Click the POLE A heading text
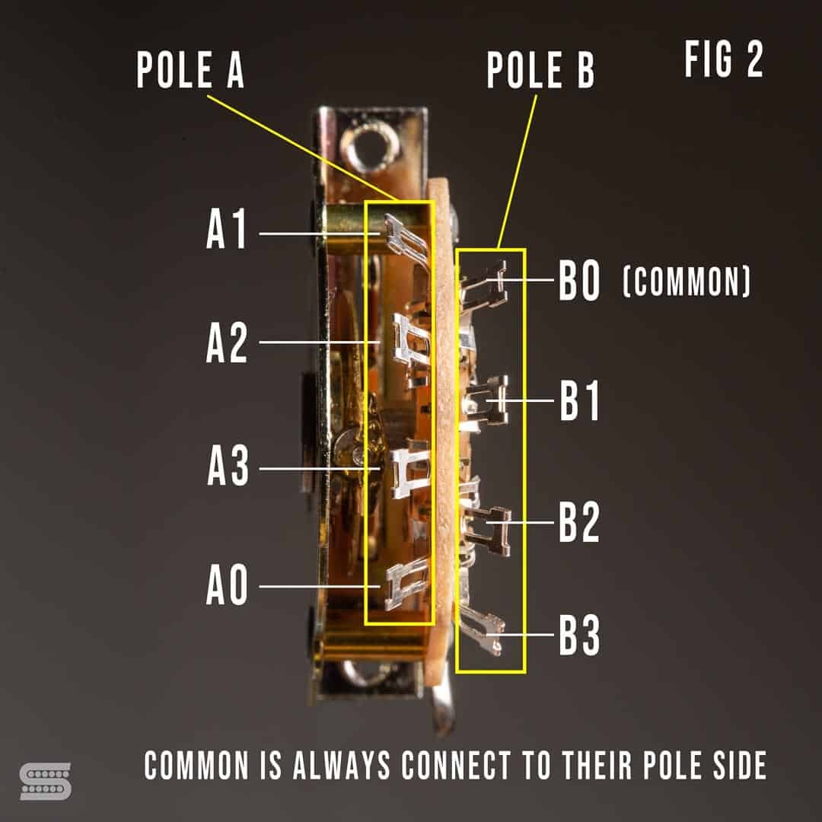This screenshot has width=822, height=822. (x=190, y=71)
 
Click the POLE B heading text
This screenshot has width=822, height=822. (x=540, y=71)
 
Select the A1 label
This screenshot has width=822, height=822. (x=227, y=231)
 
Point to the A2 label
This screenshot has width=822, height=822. (x=227, y=344)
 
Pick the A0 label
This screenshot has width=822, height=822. (x=227, y=587)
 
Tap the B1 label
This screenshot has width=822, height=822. (x=579, y=401)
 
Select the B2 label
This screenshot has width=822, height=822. (x=579, y=523)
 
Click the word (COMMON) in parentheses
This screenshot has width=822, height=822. (x=687, y=282)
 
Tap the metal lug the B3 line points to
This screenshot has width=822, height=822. (x=484, y=633)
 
